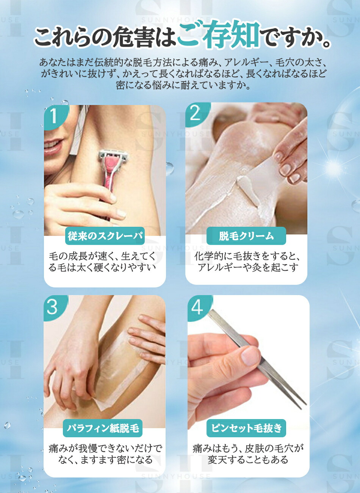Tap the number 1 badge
point(53,116)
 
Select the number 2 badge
point(196,113)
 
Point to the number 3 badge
point(52,307)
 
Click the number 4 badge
point(197,307)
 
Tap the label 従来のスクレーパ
point(105,236)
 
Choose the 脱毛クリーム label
point(246,236)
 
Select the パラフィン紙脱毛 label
point(103,428)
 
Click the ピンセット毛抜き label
point(246,428)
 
